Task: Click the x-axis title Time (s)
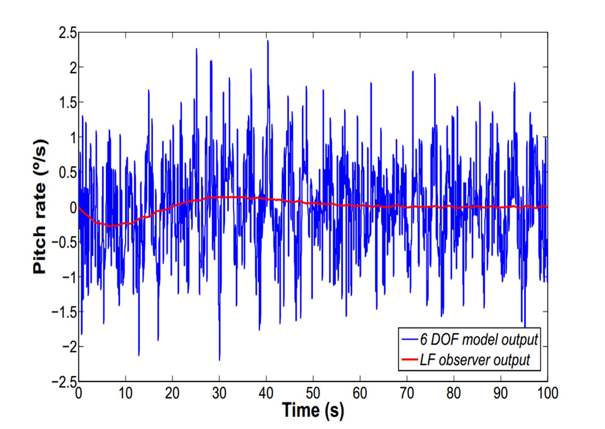coord(313,409)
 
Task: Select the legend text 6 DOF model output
coord(479,339)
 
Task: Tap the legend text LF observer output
coord(475,360)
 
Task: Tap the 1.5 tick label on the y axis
coord(68,103)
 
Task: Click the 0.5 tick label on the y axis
coord(68,172)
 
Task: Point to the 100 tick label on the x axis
coord(547,393)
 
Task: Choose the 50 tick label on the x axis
coord(313,393)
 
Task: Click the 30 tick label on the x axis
coord(219,393)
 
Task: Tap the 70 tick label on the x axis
coord(407,393)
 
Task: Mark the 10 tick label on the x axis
coord(125,393)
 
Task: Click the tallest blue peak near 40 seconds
coord(267,41)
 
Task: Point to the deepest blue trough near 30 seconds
coord(219,360)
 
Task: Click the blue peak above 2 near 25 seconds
coord(196,49)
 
